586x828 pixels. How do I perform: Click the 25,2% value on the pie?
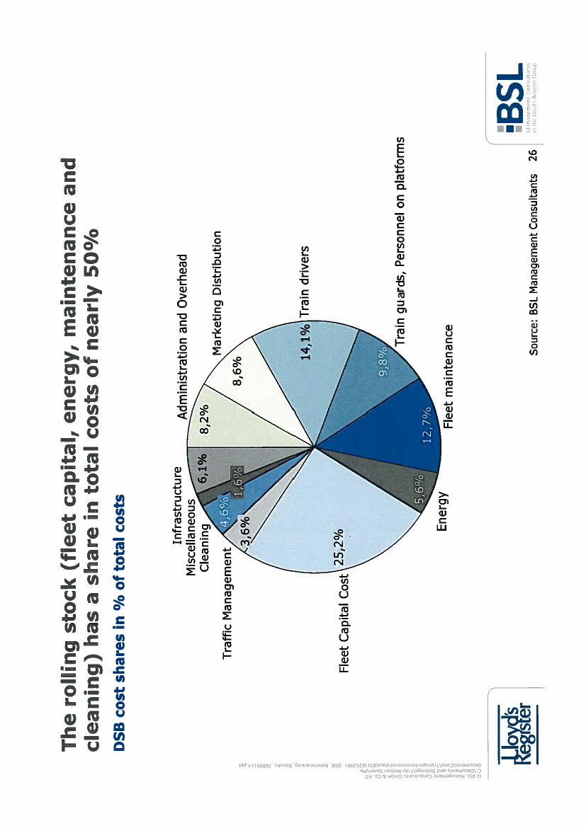[339, 548]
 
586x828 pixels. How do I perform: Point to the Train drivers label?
[305, 282]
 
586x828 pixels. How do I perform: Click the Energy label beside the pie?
[441, 512]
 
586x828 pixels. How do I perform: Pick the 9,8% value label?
[383, 362]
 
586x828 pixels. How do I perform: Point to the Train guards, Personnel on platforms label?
[401, 241]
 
